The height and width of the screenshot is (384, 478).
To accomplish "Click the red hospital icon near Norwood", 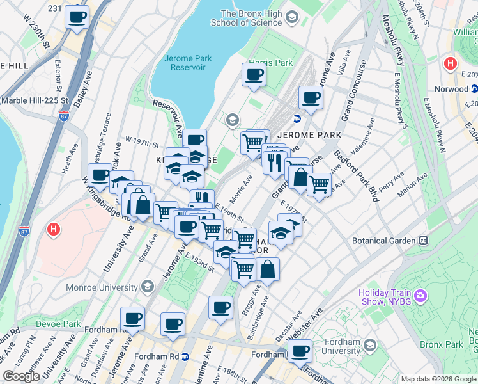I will pos(450,64).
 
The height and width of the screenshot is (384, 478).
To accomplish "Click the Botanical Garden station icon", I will pos(423,241).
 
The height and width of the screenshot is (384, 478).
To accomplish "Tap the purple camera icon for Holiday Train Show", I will pos(420,296).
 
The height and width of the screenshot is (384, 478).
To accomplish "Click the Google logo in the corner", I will pos(21,376).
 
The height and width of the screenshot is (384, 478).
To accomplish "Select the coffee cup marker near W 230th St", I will pos(77,17).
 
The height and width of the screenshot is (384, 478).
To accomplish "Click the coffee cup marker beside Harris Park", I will pos(253,75).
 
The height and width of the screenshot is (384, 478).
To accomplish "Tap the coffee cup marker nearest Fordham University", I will pos(300,350).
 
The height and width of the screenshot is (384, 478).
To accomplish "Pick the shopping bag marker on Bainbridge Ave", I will pos(268,269).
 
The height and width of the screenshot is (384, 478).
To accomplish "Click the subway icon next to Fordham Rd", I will pos(185,356).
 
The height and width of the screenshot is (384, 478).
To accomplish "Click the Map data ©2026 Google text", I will pos(438,379).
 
